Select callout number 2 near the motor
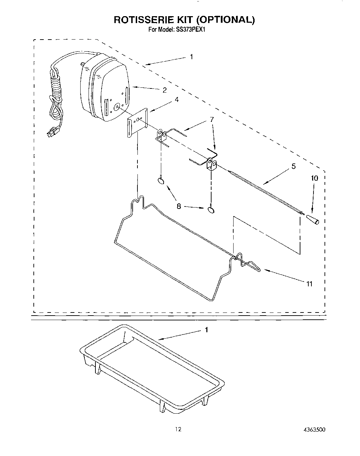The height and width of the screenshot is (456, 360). tap(165, 90)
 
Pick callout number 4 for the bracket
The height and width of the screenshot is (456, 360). tap(176, 100)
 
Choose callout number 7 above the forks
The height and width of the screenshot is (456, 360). tap(212, 119)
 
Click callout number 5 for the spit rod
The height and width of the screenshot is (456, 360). tap(293, 166)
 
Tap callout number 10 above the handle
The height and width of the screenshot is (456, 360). tap(315, 178)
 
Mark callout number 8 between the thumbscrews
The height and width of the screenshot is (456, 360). tap(179, 206)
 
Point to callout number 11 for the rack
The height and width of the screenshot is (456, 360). tap(309, 284)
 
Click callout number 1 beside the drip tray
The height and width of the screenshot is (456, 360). tap(206, 330)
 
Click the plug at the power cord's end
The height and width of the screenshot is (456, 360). tap(51, 132)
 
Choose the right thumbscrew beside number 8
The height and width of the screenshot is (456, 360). tap(211, 209)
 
